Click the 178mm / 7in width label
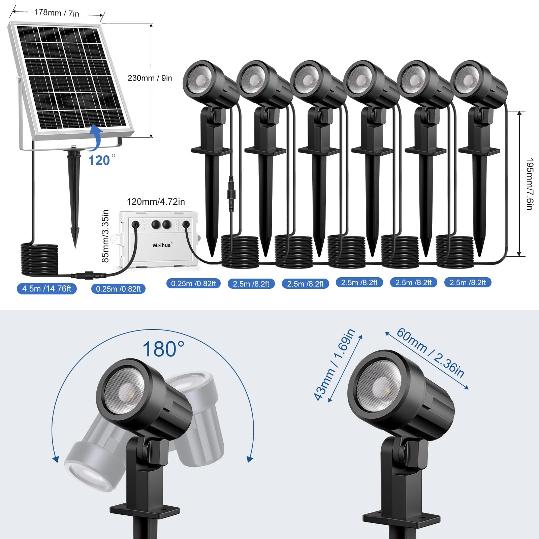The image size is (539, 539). tap(57, 13)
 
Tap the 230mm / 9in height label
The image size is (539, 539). tap(150, 78)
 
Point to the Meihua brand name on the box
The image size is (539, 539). tap(162, 245)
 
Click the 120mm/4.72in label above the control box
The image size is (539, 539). tap(156, 201)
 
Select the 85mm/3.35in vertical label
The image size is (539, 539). tap(105, 236)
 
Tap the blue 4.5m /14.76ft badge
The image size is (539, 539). tap(47, 289)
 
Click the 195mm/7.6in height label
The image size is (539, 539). tap(529, 184)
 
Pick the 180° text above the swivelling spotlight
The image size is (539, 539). tap(163, 349)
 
